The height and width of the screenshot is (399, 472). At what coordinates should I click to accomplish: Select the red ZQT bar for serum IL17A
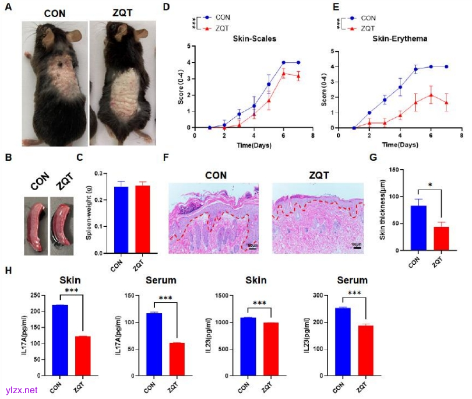(176, 360)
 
